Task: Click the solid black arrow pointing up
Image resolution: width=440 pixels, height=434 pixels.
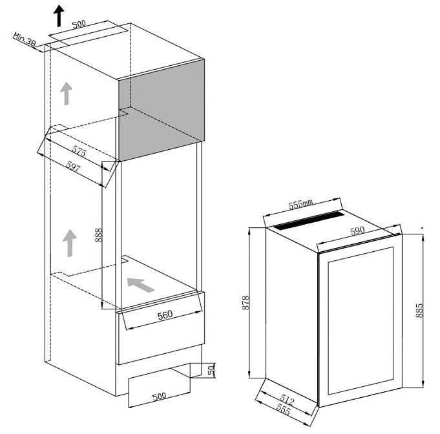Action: click(59, 16)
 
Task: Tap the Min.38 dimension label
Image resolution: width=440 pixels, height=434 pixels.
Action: click(25, 39)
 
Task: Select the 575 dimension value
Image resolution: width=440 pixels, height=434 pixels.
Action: click(79, 151)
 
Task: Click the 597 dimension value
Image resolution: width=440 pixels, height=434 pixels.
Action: click(73, 167)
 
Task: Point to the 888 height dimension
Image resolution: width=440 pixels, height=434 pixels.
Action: click(98, 235)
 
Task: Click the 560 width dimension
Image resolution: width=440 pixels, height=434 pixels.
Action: click(165, 315)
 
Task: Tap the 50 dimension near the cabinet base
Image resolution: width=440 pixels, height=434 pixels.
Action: click(211, 370)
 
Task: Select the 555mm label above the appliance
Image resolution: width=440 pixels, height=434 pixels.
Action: click(300, 204)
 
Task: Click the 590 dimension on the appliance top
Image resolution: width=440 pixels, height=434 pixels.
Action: click(357, 231)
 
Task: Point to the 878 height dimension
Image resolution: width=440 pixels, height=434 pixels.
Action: click(246, 302)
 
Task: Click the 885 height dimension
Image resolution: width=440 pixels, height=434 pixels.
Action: click(419, 310)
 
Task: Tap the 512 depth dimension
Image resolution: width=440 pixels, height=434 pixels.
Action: click(287, 399)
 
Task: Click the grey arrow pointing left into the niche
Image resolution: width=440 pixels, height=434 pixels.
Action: click(141, 285)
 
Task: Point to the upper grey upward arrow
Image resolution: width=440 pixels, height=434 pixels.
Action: click(66, 94)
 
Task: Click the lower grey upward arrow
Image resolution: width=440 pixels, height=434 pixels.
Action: click(70, 243)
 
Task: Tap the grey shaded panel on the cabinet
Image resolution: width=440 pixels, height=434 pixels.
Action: click(162, 110)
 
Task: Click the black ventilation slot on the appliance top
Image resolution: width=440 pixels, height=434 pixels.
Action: click(308, 221)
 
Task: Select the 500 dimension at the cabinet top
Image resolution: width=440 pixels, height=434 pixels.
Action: click(79, 24)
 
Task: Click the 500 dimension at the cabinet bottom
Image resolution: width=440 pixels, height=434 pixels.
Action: click(159, 396)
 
